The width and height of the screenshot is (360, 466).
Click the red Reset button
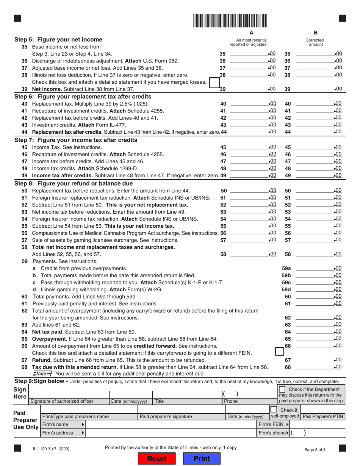coord(157,458)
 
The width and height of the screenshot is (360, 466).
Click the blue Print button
coord(201,458)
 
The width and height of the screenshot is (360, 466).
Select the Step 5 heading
coord(58,39)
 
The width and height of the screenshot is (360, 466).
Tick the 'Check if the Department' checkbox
coord(282,389)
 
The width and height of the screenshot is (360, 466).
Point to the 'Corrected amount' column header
coord(316,42)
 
